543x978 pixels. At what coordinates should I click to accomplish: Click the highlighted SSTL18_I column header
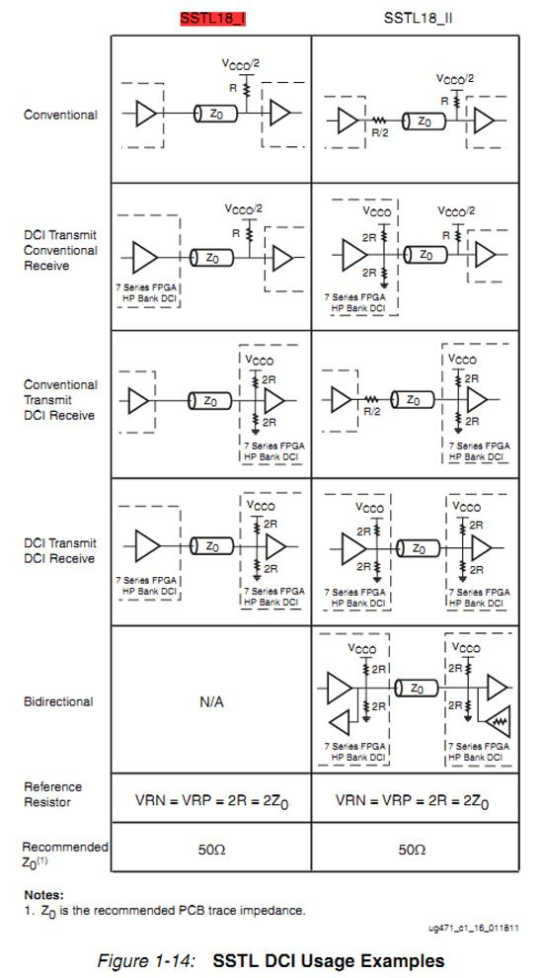point(212,18)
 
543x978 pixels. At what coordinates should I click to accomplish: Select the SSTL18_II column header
point(418,18)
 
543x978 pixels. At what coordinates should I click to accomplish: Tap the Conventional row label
point(60,115)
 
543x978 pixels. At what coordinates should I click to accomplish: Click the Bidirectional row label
point(58,701)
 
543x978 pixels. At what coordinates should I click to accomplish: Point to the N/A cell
point(211,701)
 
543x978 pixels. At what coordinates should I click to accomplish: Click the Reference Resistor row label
point(53,794)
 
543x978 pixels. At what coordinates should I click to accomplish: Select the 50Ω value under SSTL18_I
point(211,850)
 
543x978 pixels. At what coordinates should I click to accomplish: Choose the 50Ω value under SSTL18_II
point(412,850)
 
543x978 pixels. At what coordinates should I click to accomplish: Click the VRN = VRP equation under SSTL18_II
point(412,800)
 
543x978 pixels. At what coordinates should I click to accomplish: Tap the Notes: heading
point(43,895)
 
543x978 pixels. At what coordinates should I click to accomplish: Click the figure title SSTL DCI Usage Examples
point(329,960)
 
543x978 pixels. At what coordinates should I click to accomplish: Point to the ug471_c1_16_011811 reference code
point(473,928)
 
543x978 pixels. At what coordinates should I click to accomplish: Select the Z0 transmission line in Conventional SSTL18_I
point(212,114)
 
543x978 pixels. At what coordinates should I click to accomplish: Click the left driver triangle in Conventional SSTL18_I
point(146,114)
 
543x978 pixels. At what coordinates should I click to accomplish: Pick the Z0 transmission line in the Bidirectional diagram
point(416,689)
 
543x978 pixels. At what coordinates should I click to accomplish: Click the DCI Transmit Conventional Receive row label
point(60,250)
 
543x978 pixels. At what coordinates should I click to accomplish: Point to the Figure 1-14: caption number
point(147,960)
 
